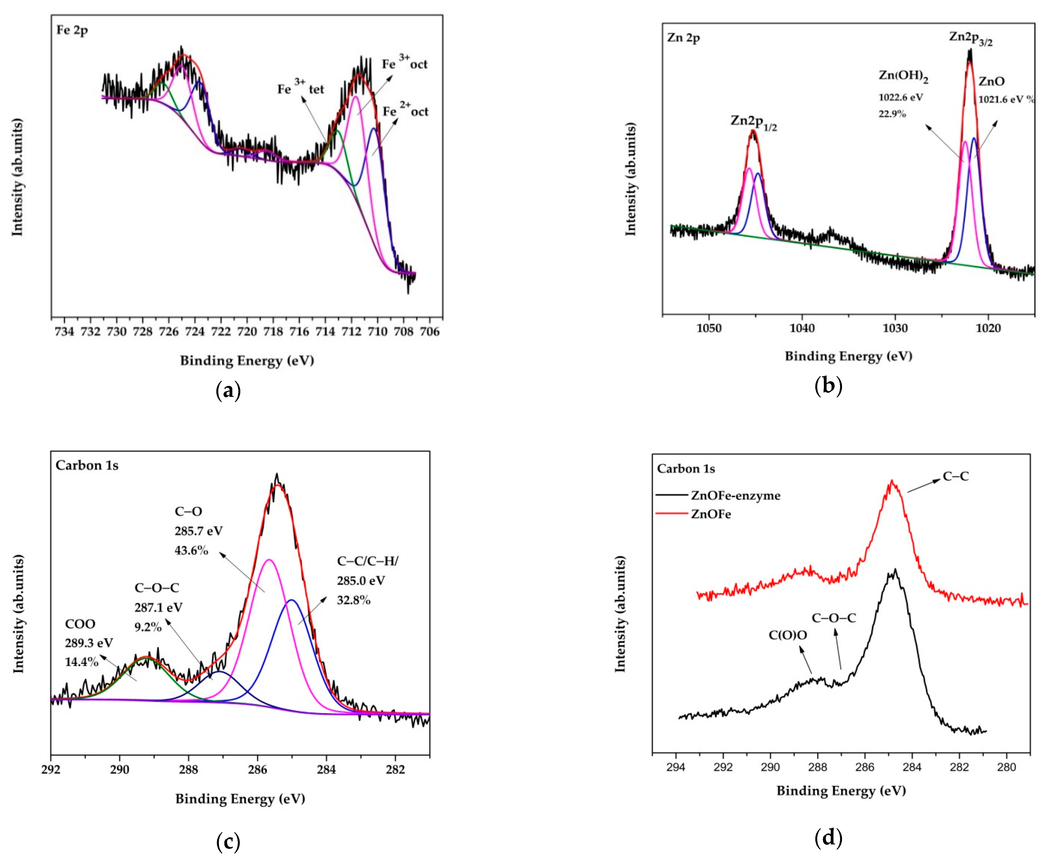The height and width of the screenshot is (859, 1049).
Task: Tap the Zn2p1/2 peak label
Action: pos(753,122)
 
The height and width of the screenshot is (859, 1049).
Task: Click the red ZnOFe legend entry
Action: pos(711,514)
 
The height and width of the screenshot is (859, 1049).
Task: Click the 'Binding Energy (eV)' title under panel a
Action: pos(247,360)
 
